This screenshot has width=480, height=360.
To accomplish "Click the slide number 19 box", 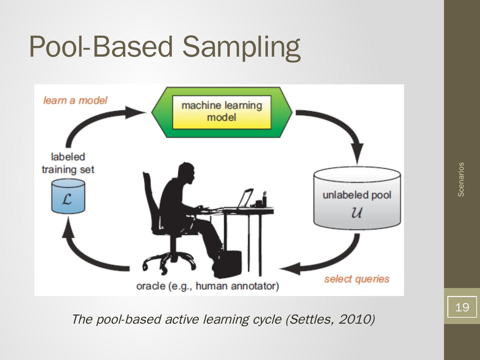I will point(462,307).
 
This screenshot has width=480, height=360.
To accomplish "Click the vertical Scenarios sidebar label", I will point(461,179).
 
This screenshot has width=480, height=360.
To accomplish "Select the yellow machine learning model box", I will point(222,112).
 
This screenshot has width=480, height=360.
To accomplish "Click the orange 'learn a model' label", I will point(75,100).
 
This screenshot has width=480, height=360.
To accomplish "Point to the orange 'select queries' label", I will point(357,279).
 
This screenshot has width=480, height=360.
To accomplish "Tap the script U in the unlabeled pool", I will point(357,213).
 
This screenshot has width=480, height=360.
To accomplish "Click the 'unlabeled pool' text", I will point(357,195).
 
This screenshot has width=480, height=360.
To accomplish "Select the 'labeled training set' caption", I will point(68,163).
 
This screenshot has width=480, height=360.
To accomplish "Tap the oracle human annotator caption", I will point(207,286).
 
